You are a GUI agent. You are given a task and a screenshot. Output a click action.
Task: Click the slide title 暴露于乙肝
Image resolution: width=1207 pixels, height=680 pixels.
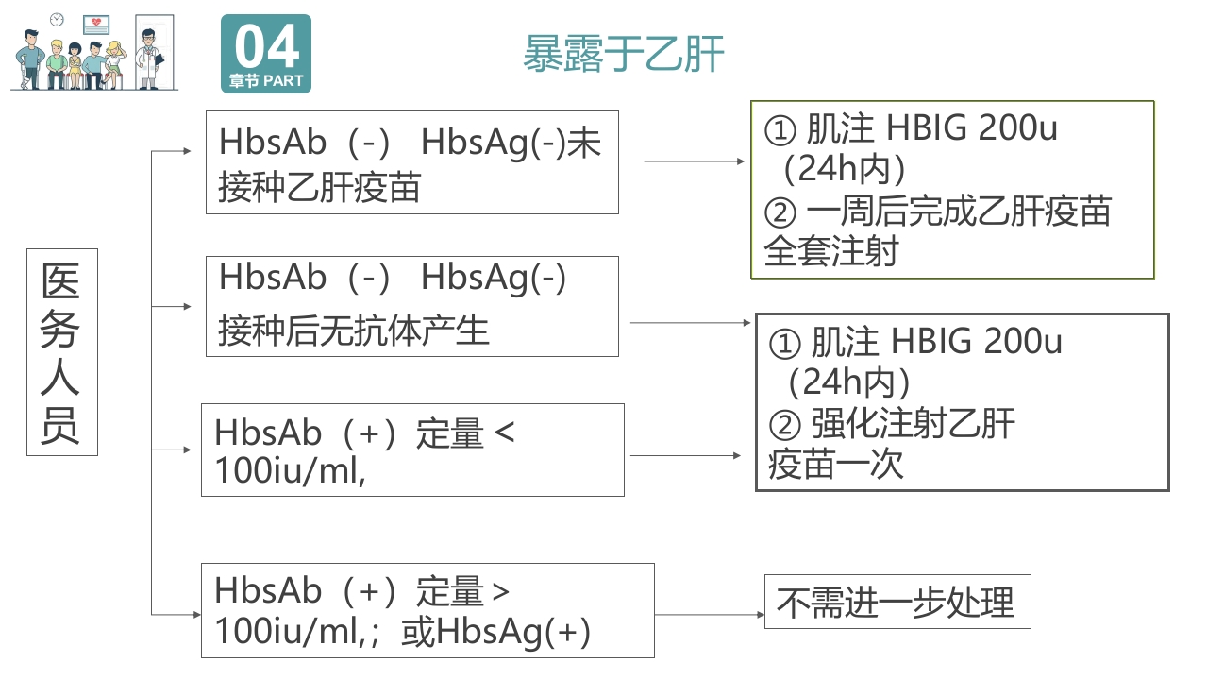click(x=624, y=54)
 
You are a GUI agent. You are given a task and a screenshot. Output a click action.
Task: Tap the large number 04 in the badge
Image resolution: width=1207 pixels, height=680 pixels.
click(x=267, y=46)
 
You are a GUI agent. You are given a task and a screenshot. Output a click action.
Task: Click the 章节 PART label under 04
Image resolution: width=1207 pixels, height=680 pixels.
click(x=266, y=81)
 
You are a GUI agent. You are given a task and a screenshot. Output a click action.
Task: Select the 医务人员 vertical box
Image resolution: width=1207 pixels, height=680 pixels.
click(x=61, y=352)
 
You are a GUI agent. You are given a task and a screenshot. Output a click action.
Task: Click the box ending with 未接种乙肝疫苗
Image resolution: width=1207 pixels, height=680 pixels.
click(x=411, y=163)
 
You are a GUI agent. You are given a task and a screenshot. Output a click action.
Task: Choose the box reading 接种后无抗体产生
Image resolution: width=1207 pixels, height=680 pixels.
click(x=411, y=306)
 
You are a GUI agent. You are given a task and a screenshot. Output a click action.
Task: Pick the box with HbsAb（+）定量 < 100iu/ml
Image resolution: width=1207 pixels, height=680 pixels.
click(x=411, y=450)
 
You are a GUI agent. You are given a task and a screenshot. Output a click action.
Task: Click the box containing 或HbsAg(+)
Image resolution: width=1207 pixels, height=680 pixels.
click(x=427, y=610)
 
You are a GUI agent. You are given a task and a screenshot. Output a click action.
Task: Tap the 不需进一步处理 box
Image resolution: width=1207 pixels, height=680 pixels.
click(x=897, y=602)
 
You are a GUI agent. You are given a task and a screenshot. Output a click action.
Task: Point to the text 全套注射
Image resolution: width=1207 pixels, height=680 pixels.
click(x=831, y=251)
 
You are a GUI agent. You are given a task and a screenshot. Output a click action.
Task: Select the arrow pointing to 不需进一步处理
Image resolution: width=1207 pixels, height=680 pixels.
click(x=709, y=614)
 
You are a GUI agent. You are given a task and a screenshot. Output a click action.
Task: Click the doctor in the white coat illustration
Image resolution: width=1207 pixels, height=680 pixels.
click(x=148, y=59)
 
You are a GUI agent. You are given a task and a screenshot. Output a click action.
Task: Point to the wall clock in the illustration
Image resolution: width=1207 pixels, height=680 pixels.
click(x=57, y=19)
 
